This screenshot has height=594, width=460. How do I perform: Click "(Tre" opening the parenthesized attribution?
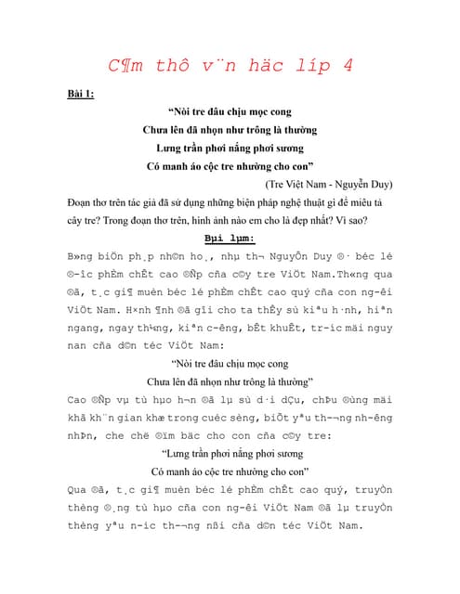click(x=265, y=185)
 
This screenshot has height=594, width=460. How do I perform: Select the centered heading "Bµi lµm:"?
click(x=229, y=239)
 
